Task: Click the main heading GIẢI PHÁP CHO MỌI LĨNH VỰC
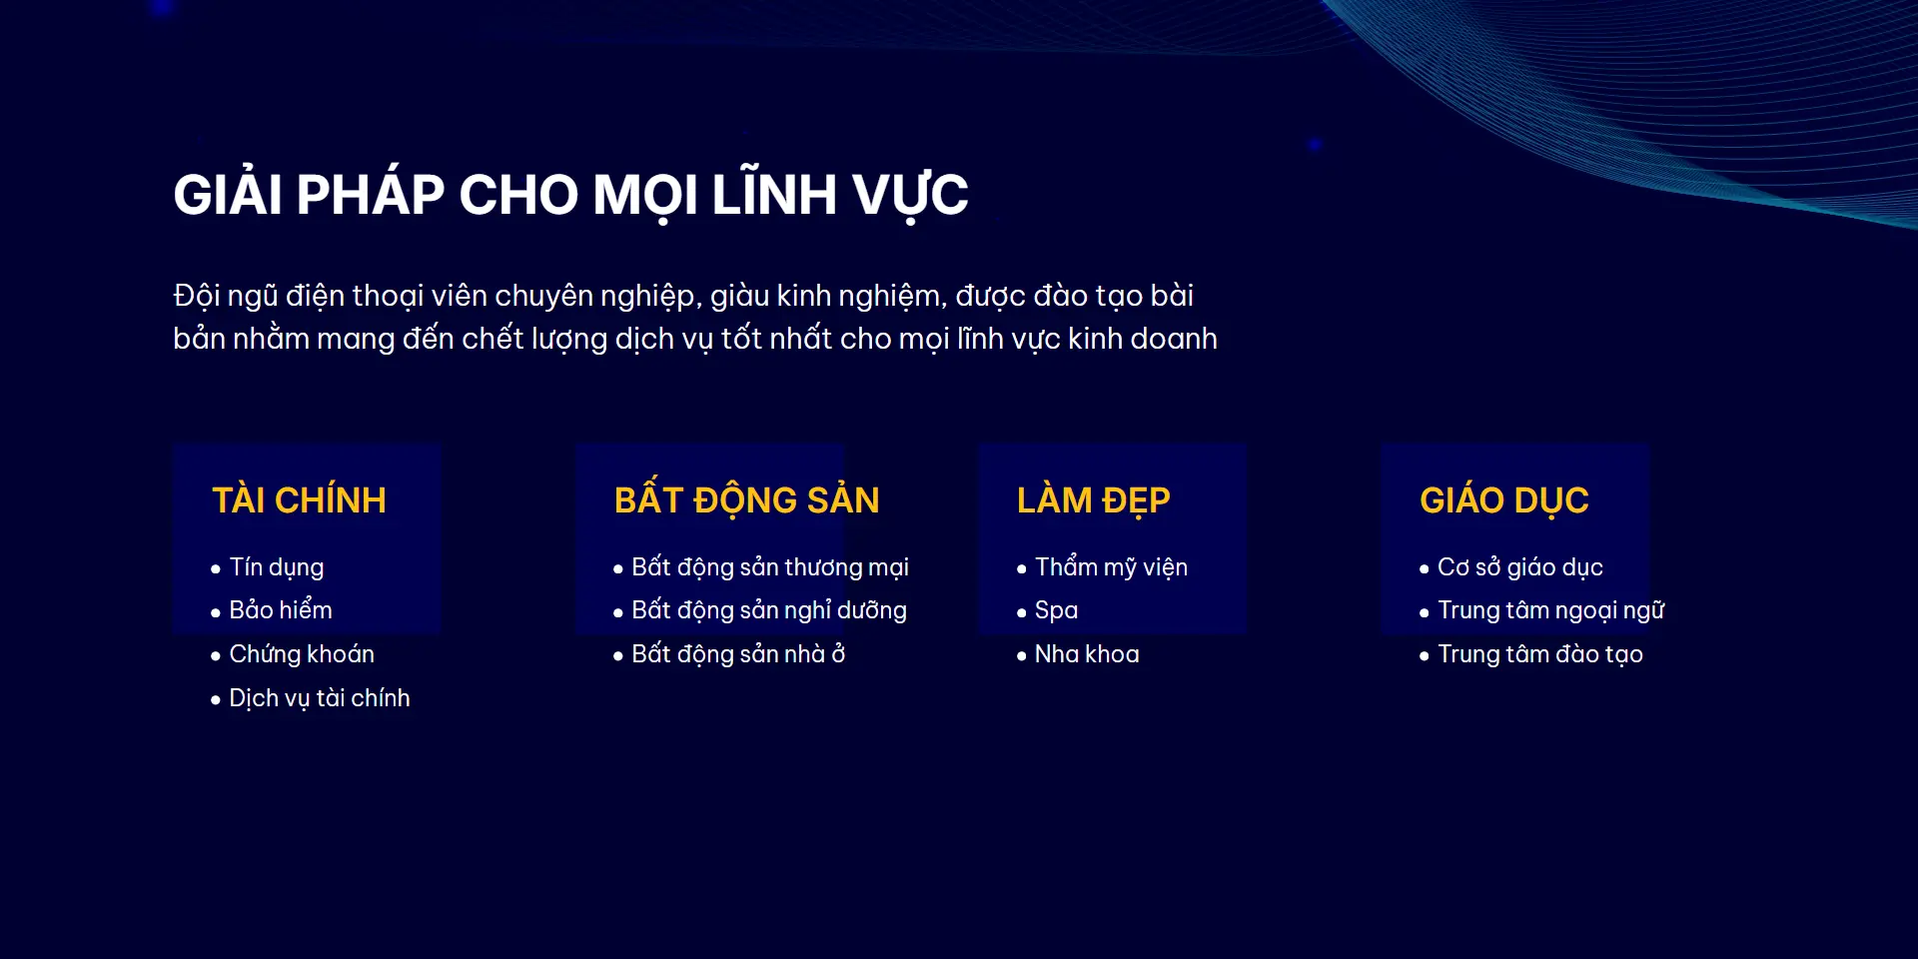pyautogui.click(x=570, y=195)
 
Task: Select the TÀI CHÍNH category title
pyautogui.click(x=299, y=498)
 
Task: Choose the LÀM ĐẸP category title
pyautogui.click(x=1093, y=498)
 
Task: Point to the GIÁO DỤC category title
pyautogui.click(x=1503, y=498)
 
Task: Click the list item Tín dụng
pyautogui.click(x=277, y=567)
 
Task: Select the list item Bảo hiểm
pyautogui.click(x=281, y=609)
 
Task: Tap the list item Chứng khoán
pyautogui.click(x=302, y=653)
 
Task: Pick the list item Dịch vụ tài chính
pyautogui.click(x=320, y=697)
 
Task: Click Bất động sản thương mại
pyautogui.click(x=770, y=566)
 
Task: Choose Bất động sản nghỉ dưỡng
pyautogui.click(x=769, y=609)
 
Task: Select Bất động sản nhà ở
pyautogui.click(x=738, y=653)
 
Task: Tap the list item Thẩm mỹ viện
pyautogui.click(x=1111, y=566)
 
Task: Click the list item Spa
pyautogui.click(x=1056, y=610)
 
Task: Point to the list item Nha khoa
pyautogui.click(x=1087, y=653)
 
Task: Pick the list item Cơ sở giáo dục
pyautogui.click(x=1519, y=566)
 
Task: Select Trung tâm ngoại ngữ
pyautogui.click(x=1550, y=609)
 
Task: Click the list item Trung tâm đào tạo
pyautogui.click(x=1539, y=653)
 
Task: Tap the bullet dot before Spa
pyautogui.click(x=1021, y=612)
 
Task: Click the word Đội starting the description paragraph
pyautogui.click(x=196, y=295)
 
